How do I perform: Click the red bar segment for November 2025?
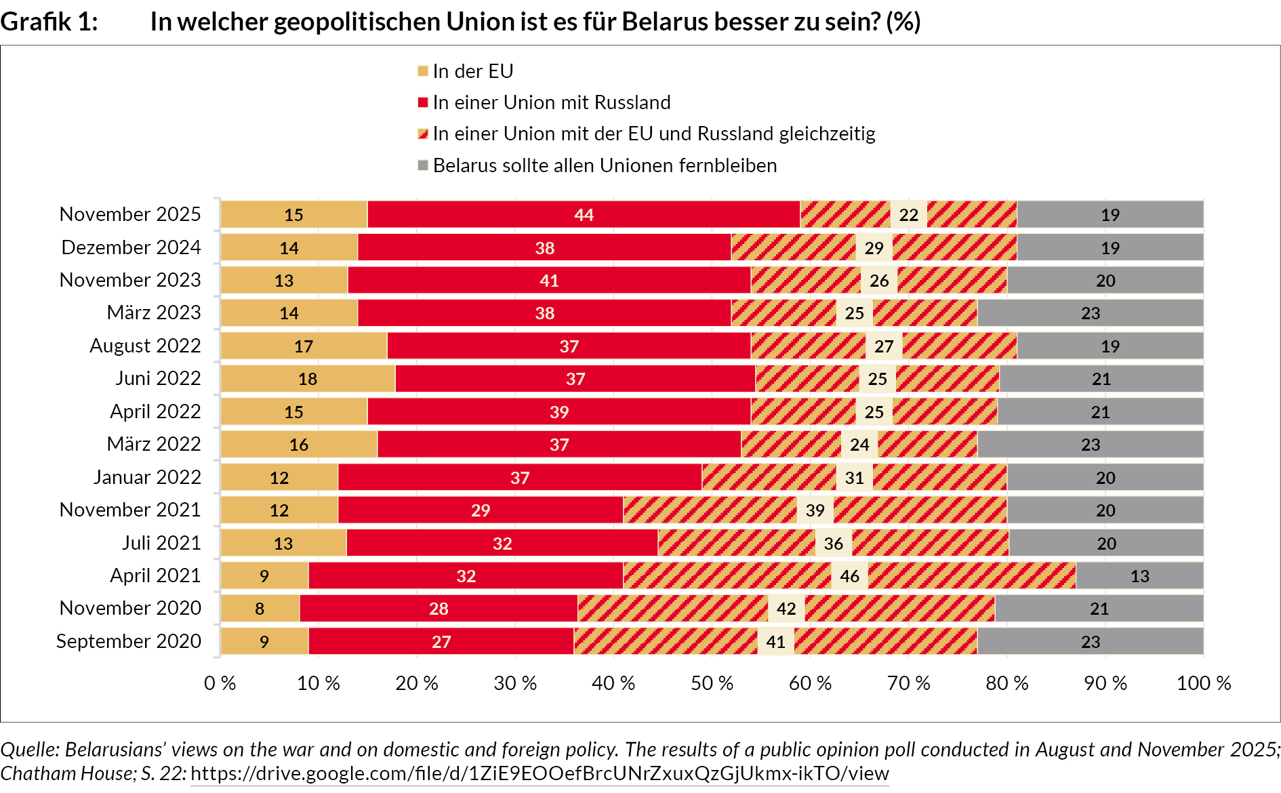(584, 215)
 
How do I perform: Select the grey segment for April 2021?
(1139, 576)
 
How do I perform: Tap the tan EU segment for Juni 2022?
(308, 379)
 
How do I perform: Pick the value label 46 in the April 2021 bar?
(849, 576)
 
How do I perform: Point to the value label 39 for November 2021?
(815, 510)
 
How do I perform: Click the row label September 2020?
(129, 641)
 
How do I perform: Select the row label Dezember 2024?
(131, 247)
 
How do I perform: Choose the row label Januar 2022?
(147, 477)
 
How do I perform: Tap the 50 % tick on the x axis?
(712, 683)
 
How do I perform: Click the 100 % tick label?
(1203, 683)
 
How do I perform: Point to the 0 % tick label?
(220, 683)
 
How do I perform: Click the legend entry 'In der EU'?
(473, 71)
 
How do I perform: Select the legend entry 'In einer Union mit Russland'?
(552, 102)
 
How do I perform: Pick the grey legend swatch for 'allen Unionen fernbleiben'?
(423, 165)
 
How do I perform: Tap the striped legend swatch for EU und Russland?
(423, 134)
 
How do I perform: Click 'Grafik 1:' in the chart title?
(49, 22)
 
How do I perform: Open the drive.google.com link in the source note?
(540, 773)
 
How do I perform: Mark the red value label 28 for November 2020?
(439, 609)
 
